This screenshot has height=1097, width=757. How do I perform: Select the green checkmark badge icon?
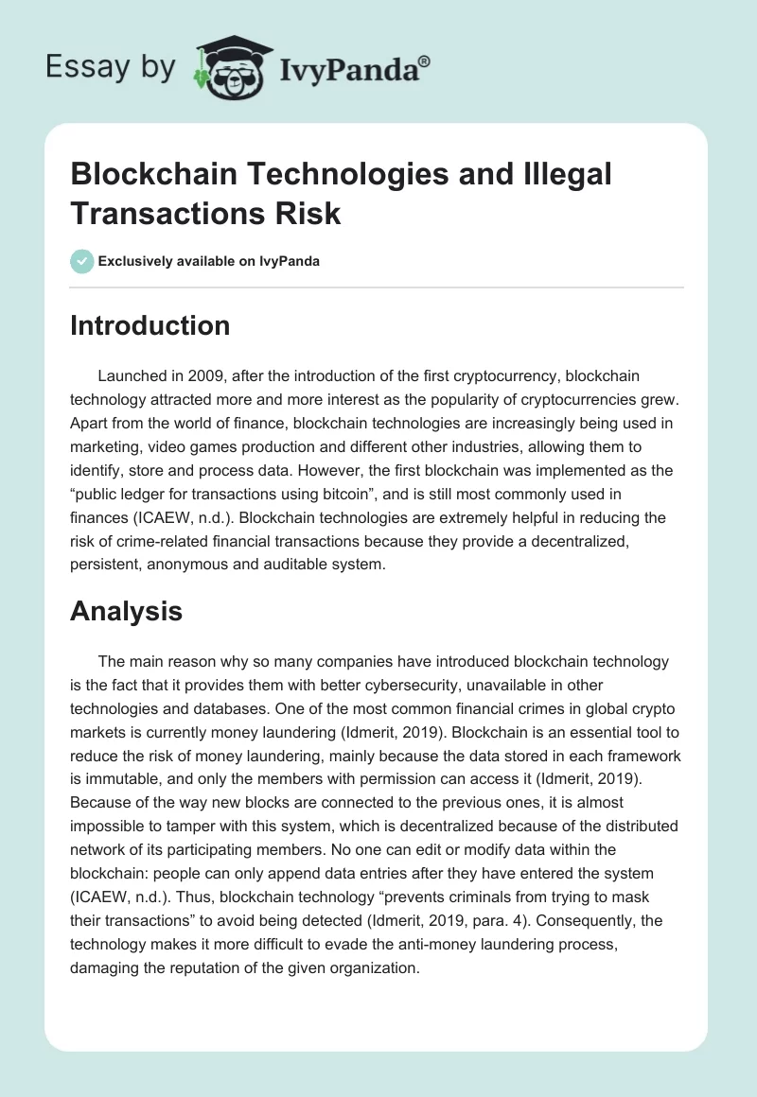click(x=81, y=261)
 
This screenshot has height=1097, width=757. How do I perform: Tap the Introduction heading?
click(x=150, y=325)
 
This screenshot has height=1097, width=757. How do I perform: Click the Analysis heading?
click(x=126, y=611)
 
